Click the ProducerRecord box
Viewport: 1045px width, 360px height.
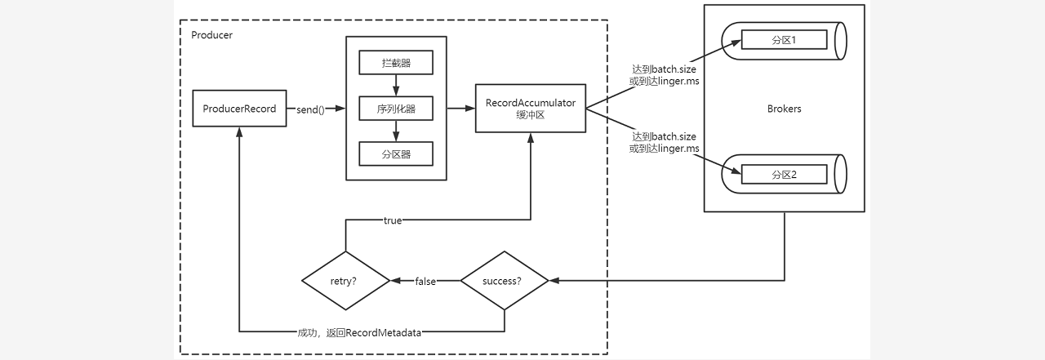(x=239, y=109)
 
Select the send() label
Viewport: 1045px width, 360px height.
(x=310, y=109)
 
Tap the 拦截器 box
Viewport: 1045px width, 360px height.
(x=395, y=63)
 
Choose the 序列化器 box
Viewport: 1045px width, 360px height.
(x=395, y=109)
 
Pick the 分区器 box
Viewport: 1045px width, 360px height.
(x=395, y=153)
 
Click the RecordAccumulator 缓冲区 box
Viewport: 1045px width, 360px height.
(x=531, y=108)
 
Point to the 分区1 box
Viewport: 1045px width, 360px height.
(x=784, y=39)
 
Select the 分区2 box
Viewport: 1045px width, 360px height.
(x=784, y=174)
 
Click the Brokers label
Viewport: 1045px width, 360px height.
(x=785, y=109)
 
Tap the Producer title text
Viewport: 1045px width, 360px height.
(x=211, y=35)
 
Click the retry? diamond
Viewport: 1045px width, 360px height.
(x=345, y=281)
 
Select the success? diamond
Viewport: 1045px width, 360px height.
(x=504, y=281)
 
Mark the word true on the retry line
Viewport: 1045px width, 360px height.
(x=393, y=220)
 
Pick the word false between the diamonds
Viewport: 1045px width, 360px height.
(x=425, y=281)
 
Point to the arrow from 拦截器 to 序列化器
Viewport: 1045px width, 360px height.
(x=395, y=85)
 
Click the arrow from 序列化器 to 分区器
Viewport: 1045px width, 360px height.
(x=395, y=131)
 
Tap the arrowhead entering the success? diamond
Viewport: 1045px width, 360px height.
(x=554, y=281)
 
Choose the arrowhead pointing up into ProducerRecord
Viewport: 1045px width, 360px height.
(x=239, y=133)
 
